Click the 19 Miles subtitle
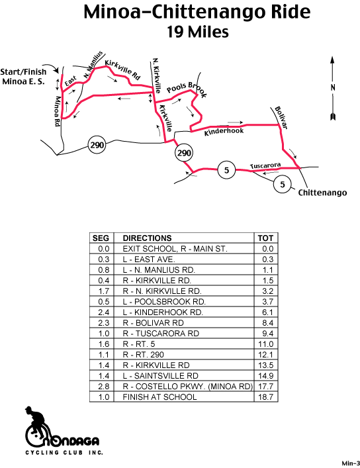coord(198,32)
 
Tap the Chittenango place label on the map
coord(322,193)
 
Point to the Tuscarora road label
coord(265,165)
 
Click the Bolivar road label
coord(281,118)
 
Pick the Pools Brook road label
coord(187,89)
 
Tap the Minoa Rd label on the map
coord(58,111)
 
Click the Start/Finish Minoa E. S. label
coord(23,76)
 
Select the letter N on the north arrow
coord(333,87)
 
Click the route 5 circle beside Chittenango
coord(283,185)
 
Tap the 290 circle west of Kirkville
coord(97,145)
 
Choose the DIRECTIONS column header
coord(147,238)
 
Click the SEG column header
coord(101,238)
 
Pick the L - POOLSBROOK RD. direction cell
coord(164,302)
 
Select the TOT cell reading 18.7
coord(265,397)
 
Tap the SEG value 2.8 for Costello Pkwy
coord(104,387)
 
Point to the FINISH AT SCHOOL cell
coord(159,397)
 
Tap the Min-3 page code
coord(351,463)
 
